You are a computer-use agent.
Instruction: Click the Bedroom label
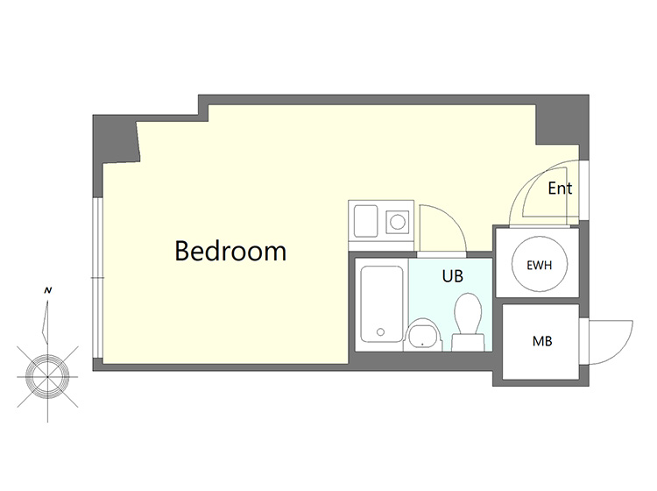click(x=230, y=251)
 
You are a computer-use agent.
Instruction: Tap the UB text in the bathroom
click(x=453, y=276)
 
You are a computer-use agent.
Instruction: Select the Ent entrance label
click(x=560, y=189)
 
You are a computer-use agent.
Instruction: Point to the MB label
click(x=542, y=341)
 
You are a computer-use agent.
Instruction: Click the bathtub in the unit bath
click(x=382, y=304)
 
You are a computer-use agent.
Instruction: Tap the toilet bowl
click(x=468, y=314)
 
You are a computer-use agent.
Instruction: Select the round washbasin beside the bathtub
click(x=424, y=334)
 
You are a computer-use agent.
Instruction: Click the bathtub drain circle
click(x=380, y=332)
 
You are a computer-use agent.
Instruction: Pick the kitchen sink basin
click(x=366, y=221)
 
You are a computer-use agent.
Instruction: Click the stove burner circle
click(x=398, y=222)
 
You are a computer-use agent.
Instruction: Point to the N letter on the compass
click(x=48, y=290)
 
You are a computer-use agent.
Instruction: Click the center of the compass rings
click(x=48, y=376)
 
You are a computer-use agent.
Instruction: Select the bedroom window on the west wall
click(x=97, y=278)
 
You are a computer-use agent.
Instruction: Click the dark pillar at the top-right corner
click(x=562, y=121)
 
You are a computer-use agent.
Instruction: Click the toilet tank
click(x=468, y=342)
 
